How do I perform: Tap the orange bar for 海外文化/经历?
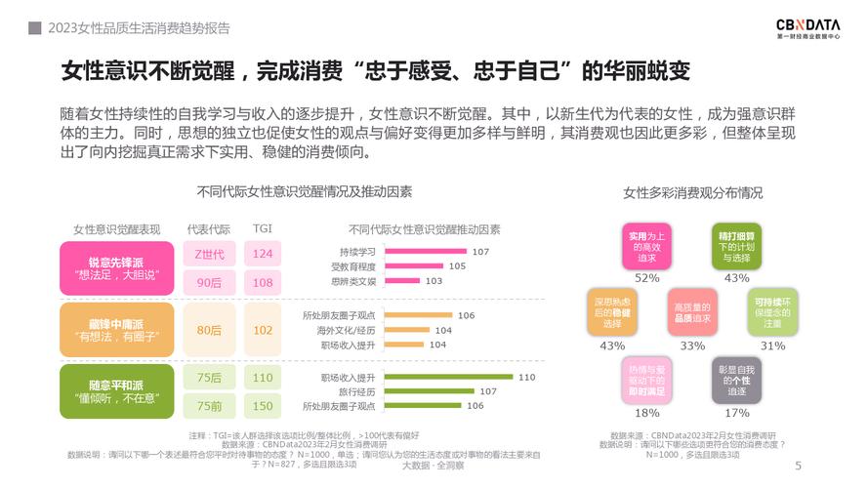pyautogui.click(x=405, y=330)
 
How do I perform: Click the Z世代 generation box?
pyautogui.click(x=209, y=254)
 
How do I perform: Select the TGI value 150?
pyautogui.click(x=263, y=406)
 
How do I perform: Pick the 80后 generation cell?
pyautogui.click(x=209, y=330)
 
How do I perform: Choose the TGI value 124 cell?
pyautogui.click(x=263, y=254)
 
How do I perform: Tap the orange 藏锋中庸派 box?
pyautogui.click(x=116, y=330)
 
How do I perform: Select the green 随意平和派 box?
pyautogui.click(x=116, y=391)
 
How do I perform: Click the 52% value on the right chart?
pyautogui.click(x=647, y=278)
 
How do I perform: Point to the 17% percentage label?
pyautogui.click(x=737, y=413)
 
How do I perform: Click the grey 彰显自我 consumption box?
pyautogui.click(x=736, y=380)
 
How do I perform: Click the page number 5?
pyautogui.click(x=799, y=466)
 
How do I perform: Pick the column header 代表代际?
pyautogui.click(x=209, y=229)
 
